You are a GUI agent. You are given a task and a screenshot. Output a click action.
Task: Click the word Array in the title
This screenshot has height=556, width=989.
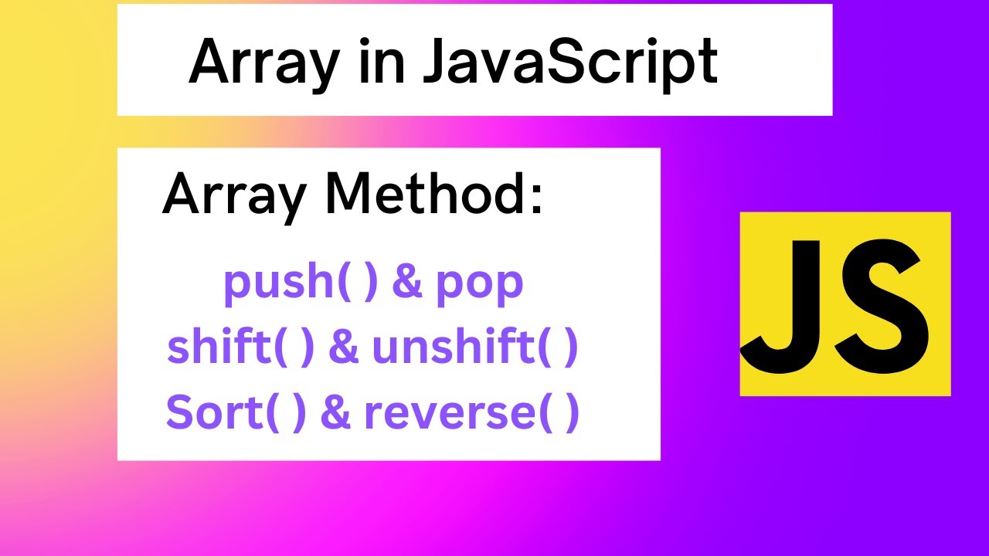[x=263, y=62]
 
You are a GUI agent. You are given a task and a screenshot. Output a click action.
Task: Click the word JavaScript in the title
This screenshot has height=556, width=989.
[x=570, y=62]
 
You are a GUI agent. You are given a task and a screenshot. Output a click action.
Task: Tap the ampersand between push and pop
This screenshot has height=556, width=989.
[x=407, y=282]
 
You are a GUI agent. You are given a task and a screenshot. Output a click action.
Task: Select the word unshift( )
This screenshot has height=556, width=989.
[x=474, y=347]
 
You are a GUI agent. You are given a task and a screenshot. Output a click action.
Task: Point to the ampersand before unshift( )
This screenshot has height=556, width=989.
[x=344, y=347]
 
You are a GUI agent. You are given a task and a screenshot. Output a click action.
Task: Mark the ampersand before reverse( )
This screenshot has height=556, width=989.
[x=335, y=413]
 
